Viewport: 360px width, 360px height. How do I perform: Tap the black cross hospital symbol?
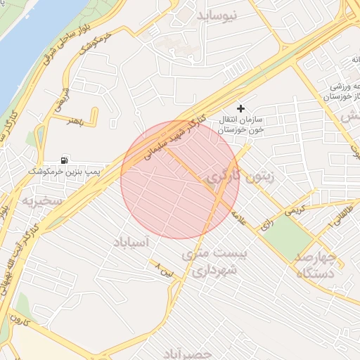(242, 108)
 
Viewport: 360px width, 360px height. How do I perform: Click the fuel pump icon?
(65, 160)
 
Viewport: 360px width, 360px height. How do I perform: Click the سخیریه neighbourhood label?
(42, 201)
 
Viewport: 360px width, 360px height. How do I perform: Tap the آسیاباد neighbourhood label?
(131, 242)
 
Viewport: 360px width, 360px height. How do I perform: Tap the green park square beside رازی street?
(290, 236)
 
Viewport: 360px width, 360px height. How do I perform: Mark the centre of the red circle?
(180, 179)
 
